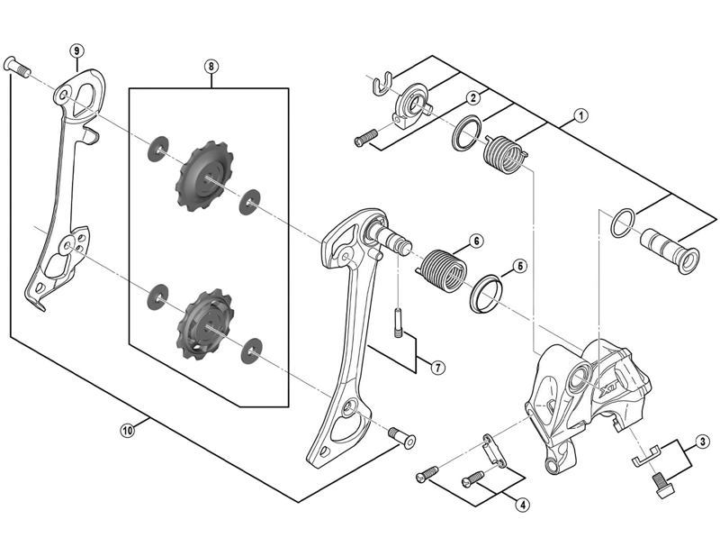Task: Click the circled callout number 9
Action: point(76,50)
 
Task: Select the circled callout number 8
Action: point(211,66)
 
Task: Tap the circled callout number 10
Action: point(128,431)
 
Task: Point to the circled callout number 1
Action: point(580,115)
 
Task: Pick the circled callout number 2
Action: point(473,97)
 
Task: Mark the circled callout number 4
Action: point(522,505)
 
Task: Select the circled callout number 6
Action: point(476,241)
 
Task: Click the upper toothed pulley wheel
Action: point(205,176)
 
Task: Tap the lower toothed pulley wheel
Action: point(205,324)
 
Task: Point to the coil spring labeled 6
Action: point(443,271)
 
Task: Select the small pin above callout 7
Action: point(397,324)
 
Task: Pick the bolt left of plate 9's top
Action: point(17,68)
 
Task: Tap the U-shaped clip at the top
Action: point(381,84)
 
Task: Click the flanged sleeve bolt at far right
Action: point(671,251)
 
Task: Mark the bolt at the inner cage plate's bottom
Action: point(402,437)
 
